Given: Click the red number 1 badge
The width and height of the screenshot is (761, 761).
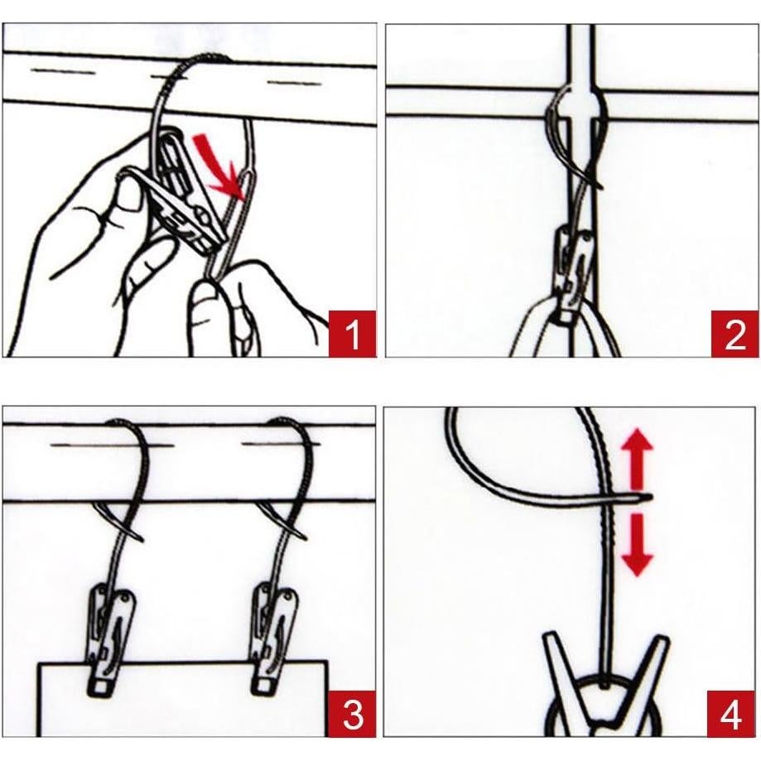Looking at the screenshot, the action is pyautogui.click(x=353, y=334).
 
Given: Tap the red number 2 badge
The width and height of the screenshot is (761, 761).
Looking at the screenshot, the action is pyautogui.click(x=735, y=334).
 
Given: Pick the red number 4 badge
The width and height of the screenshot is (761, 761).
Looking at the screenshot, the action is pyautogui.click(x=731, y=714).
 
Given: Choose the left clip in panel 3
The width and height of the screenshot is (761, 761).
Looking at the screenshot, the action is pyautogui.click(x=111, y=642).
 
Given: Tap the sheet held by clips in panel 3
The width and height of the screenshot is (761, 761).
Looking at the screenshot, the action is pyautogui.click(x=182, y=699).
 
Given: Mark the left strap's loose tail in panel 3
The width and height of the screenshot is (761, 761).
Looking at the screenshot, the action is pyautogui.click(x=119, y=522).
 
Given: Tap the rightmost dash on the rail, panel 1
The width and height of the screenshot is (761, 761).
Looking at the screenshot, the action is pyautogui.click(x=294, y=83).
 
